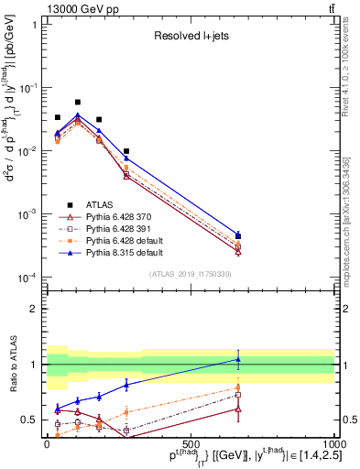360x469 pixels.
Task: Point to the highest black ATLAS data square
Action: click(x=78, y=103)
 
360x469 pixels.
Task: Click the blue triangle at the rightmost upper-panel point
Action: click(x=238, y=235)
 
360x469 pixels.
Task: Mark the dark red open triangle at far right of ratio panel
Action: click(x=238, y=409)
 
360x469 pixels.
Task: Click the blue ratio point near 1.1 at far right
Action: click(x=238, y=359)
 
